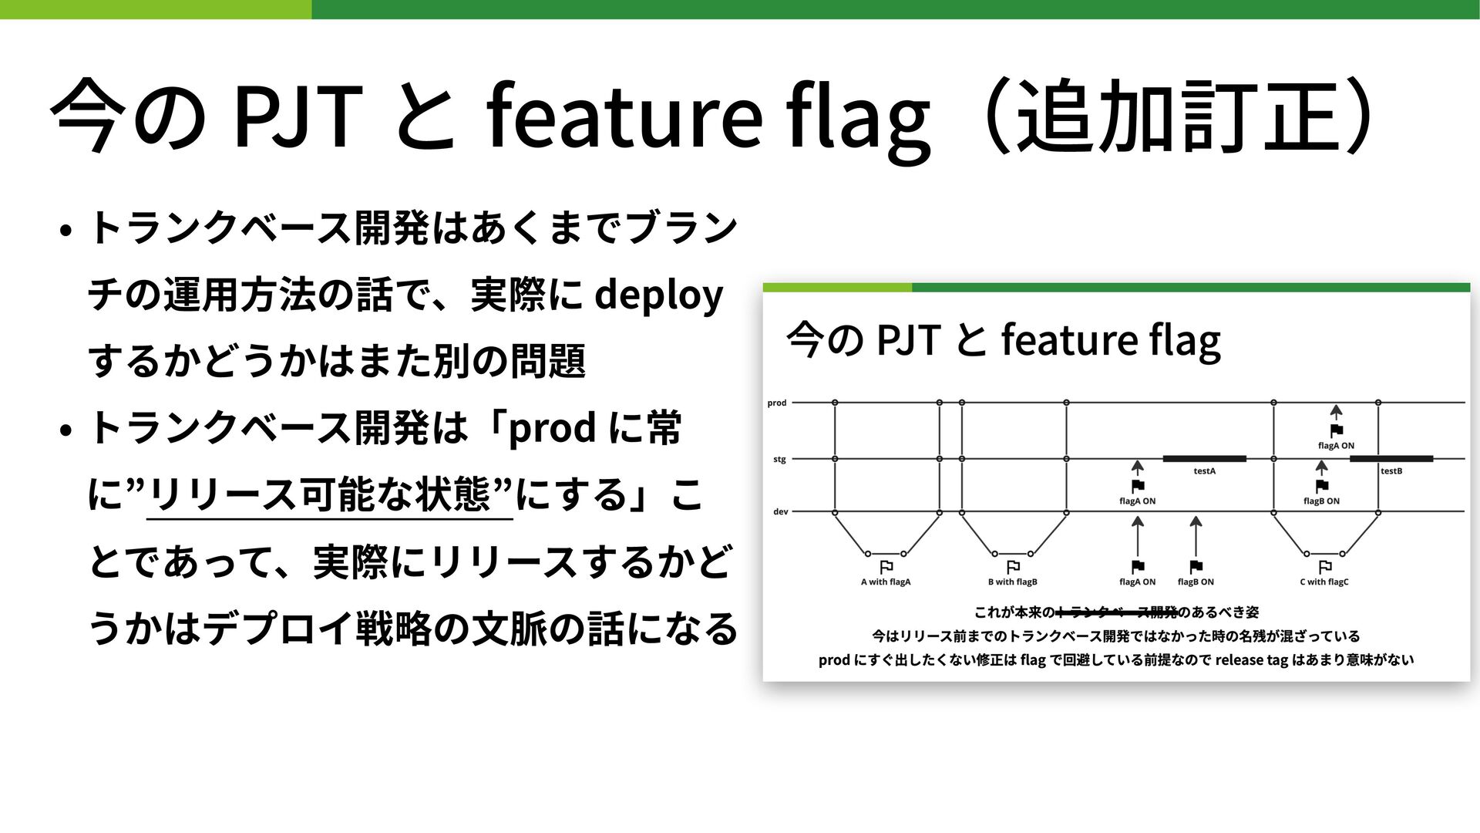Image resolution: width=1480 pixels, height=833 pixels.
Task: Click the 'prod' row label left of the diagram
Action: (x=777, y=403)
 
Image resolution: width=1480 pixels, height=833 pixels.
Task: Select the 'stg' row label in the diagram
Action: (x=779, y=460)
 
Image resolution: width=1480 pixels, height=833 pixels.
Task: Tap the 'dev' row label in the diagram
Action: (x=780, y=512)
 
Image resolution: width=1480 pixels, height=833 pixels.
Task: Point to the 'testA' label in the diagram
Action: (x=1204, y=471)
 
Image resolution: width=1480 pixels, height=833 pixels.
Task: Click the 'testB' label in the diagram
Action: (x=1391, y=471)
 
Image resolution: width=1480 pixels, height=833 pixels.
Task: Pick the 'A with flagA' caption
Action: (x=886, y=582)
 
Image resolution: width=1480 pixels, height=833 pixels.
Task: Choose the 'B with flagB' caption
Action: (x=1013, y=582)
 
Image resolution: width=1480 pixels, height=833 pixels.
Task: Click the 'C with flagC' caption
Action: (x=1324, y=582)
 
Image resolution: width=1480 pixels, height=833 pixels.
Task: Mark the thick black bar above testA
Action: (x=1204, y=459)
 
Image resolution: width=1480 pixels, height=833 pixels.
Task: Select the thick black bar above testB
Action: (x=1391, y=459)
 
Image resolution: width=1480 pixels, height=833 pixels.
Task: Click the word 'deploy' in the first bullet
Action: (x=659, y=296)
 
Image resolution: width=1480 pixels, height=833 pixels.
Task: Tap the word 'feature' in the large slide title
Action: (x=624, y=116)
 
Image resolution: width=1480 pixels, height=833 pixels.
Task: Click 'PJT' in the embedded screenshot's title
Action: (x=909, y=340)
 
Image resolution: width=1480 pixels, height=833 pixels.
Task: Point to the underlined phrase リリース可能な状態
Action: (x=329, y=494)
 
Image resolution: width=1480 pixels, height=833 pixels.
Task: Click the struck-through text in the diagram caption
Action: (x=1117, y=613)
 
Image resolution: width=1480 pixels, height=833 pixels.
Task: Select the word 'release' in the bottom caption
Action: (x=1239, y=660)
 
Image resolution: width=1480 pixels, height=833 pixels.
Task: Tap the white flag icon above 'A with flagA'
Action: (x=886, y=567)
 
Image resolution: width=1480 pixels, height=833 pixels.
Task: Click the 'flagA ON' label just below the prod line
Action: (x=1336, y=446)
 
